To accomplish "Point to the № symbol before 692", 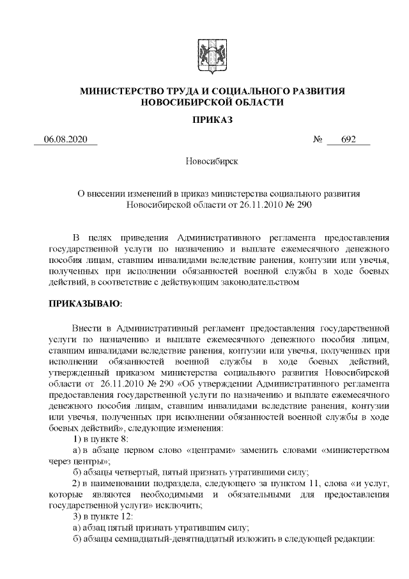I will tap(318, 140).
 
